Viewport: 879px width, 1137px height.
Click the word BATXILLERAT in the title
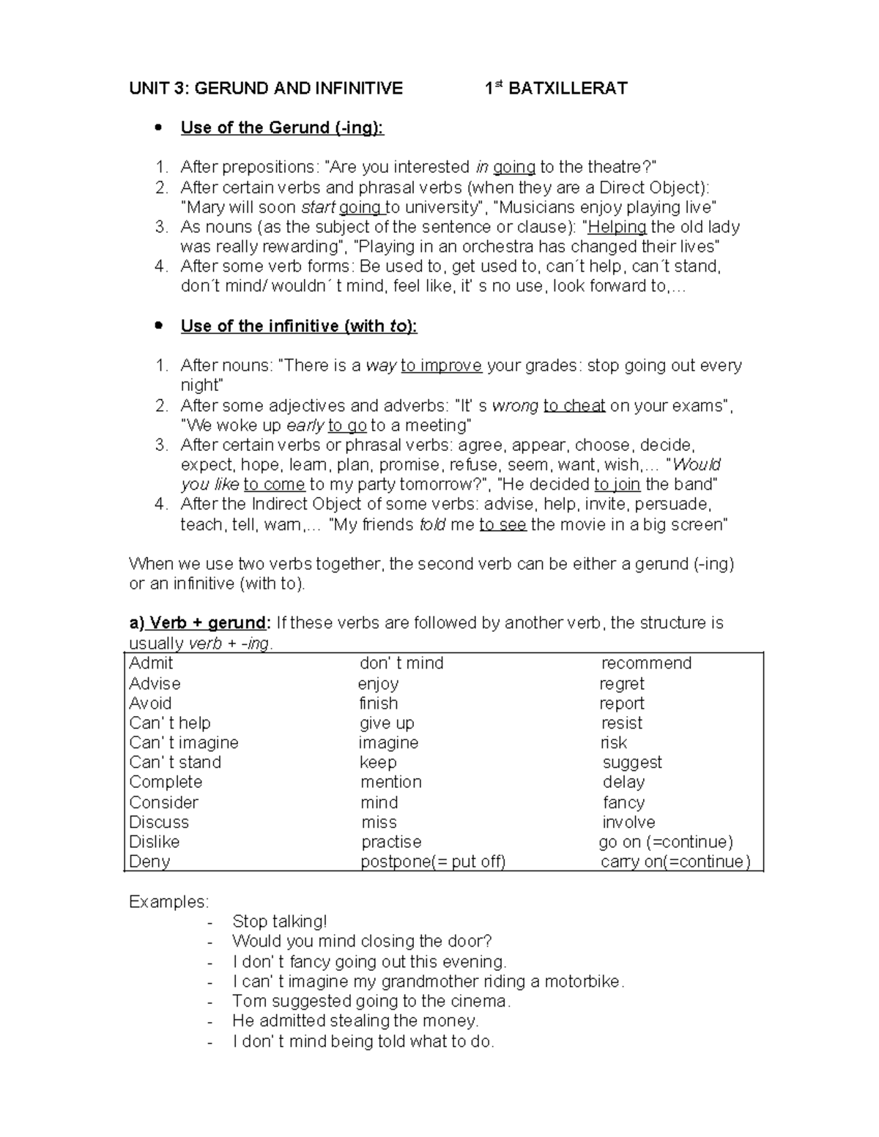tap(568, 89)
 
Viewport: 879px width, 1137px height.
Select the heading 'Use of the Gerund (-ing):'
tap(282, 128)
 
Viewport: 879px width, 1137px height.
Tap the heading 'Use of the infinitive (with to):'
tap(299, 327)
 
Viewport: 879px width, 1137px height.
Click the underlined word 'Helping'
tap(617, 227)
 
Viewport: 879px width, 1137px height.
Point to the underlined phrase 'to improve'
tap(441, 366)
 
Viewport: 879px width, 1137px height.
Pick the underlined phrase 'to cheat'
tap(574, 406)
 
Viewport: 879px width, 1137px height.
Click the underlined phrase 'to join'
tap(617, 485)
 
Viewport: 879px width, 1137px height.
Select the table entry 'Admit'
tap(151, 663)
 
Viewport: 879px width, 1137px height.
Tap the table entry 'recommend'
tap(646, 663)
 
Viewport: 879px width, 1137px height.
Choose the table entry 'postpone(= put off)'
tap(433, 862)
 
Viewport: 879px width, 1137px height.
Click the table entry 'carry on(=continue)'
tap(675, 862)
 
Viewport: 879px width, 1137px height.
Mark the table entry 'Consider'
tap(163, 802)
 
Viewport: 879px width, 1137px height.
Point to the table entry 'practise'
tap(391, 842)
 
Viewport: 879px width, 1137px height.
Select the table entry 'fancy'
tap(623, 802)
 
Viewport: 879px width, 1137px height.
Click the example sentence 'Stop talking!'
tap(280, 922)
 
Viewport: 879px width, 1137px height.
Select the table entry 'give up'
tap(387, 723)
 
